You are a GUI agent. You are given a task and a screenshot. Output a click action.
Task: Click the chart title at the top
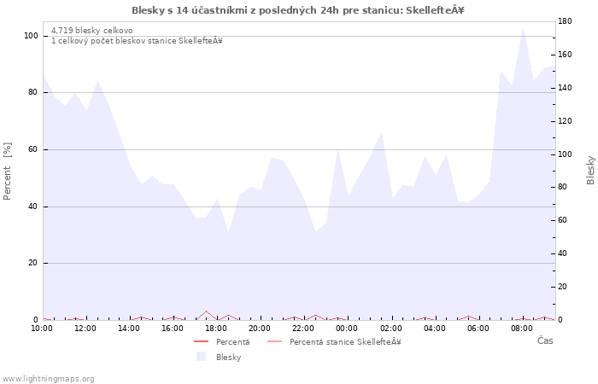click(x=298, y=10)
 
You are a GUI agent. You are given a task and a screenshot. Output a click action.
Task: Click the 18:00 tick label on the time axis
click(x=216, y=328)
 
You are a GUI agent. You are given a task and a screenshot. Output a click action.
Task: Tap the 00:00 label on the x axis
click(x=347, y=328)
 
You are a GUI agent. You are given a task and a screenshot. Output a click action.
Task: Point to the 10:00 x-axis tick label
click(x=43, y=328)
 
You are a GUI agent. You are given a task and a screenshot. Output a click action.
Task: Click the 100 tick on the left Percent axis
click(x=31, y=36)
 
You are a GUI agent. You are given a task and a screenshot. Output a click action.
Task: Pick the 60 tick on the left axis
click(x=33, y=149)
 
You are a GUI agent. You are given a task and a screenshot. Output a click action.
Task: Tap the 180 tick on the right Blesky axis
click(x=566, y=20)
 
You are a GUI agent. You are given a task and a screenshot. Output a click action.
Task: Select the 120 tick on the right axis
click(x=566, y=120)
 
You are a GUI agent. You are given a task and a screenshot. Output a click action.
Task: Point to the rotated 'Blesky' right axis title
click(x=590, y=170)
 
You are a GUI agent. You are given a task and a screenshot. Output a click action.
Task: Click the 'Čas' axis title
click(x=545, y=340)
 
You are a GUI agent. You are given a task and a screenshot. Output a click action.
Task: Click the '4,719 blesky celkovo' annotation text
click(x=91, y=31)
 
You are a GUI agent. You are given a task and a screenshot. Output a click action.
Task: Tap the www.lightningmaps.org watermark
click(x=48, y=378)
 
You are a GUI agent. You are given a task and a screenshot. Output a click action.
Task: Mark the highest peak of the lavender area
click(x=523, y=27)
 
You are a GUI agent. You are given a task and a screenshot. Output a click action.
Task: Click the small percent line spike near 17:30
click(x=206, y=311)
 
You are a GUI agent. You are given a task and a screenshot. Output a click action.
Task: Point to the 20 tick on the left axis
click(x=33, y=263)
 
